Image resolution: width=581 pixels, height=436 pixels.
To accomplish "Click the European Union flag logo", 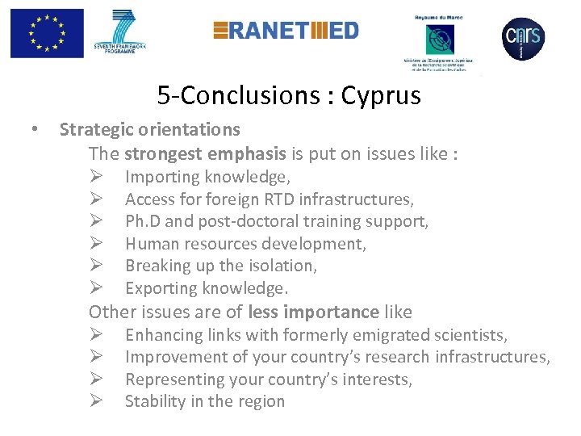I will (x=47, y=33).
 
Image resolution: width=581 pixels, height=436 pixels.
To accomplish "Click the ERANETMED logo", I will (x=286, y=31).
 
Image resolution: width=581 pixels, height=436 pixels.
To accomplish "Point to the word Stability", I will (x=154, y=401).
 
